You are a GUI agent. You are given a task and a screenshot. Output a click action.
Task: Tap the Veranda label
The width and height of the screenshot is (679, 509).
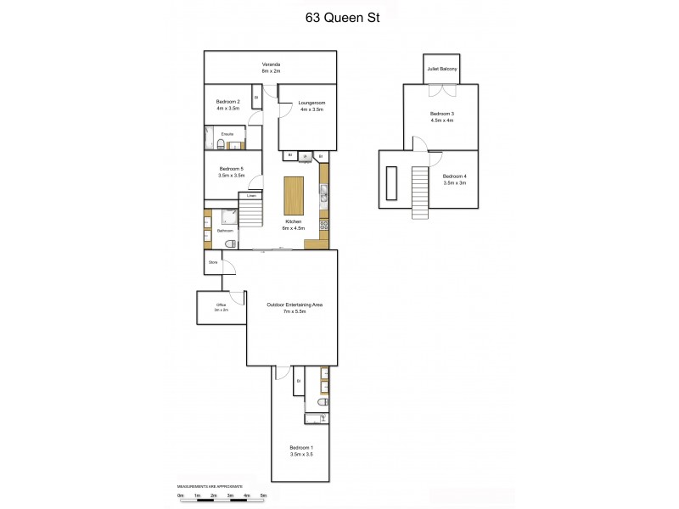click(x=271, y=68)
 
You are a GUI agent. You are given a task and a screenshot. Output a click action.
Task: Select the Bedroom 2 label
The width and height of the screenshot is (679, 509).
click(x=227, y=105)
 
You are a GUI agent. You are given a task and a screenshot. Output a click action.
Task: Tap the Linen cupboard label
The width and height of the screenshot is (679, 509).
click(x=251, y=196)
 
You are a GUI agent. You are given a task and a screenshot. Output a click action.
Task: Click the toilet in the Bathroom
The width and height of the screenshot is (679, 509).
click(x=228, y=243)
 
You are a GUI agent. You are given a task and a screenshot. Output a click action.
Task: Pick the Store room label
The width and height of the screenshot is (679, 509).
click(x=213, y=263)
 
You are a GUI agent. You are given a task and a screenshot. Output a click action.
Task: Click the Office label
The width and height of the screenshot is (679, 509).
click(x=221, y=306)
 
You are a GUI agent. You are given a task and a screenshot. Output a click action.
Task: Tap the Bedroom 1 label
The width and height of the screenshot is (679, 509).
click(x=301, y=450)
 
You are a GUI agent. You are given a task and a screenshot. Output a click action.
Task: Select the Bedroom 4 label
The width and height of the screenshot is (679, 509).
click(x=455, y=179)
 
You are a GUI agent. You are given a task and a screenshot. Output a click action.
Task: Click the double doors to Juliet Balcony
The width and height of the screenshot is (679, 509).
click(x=442, y=84)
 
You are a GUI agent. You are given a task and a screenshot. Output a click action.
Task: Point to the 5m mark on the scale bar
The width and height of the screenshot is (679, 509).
click(x=263, y=495)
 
